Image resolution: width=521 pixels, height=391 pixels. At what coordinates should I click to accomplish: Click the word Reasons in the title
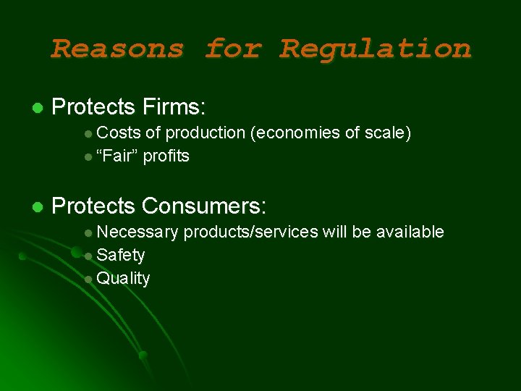pyautogui.click(x=117, y=49)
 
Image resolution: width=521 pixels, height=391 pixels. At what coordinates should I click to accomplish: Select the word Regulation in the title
pyautogui.click(x=376, y=49)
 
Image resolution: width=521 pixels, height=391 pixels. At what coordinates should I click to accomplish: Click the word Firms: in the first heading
pyautogui.click(x=174, y=108)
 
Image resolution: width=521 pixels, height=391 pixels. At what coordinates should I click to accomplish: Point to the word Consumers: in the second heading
pyautogui.click(x=205, y=206)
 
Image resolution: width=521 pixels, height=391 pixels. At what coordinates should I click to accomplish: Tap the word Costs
pyautogui.click(x=118, y=133)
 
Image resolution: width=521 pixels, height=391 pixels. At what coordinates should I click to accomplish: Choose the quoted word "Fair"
pyautogui.click(x=117, y=156)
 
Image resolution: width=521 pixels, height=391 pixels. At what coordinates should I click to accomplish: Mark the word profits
pyautogui.click(x=166, y=156)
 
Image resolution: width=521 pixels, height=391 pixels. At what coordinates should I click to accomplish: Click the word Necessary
pyautogui.click(x=137, y=232)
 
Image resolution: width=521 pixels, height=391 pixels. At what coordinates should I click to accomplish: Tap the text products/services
pyautogui.click(x=250, y=232)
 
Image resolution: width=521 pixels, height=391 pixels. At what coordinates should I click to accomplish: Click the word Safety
pyautogui.click(x=120, y=255)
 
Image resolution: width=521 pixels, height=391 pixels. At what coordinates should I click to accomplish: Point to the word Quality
pyautogui.click(x=123, y=279)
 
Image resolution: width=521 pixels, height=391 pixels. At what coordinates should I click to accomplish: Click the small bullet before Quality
pyautogui.click(x=88, y=279)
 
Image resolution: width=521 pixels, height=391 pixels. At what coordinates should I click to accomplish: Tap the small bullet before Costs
pyautogui.click(x=88, y=133)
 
